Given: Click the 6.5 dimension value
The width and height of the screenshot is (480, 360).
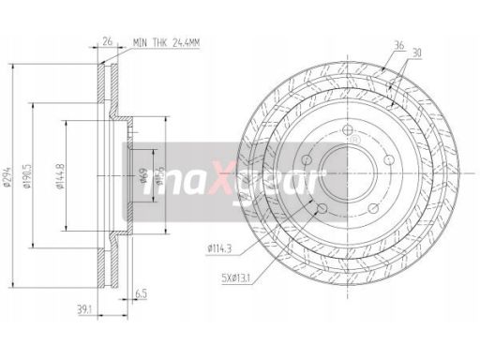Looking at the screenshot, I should pyautogui.click(x=141, y=292).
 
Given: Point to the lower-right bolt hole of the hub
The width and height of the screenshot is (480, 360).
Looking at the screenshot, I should pyautogui.click(x=374, y=210).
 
